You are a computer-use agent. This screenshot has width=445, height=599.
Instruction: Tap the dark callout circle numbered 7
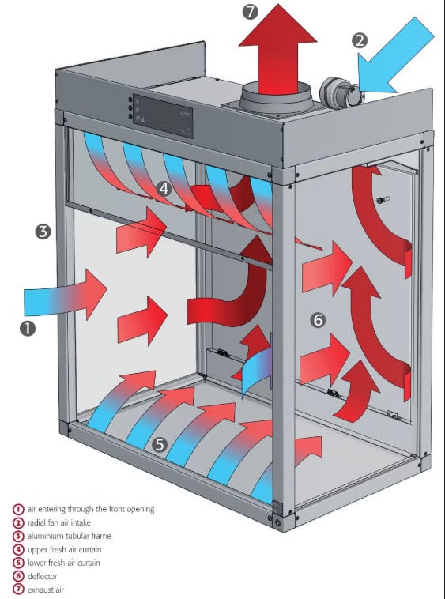pyautogui.click(x=250, y=12)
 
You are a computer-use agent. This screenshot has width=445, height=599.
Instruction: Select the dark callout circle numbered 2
pyautogui.click(x=360, y=40)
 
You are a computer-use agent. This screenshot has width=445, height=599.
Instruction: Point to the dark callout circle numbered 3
pyautogui.click(x=43, y=232)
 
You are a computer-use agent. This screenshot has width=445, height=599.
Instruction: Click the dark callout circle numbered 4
pyautogui.click(x=164, y=189)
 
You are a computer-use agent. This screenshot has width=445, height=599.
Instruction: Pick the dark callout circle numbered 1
pyautogui.click(x=28, y=329)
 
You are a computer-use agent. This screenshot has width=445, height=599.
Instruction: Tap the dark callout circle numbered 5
pyautogui.click(x=160, y=445)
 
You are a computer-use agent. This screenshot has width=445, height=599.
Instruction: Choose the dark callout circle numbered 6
pyautogui.click(x=319, y=319)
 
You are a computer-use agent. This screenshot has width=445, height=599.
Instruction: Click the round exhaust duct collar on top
pyautogui.click(x=276, y=98)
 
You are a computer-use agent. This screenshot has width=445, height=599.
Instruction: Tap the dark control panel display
pyautogui.click(x=163, y=116)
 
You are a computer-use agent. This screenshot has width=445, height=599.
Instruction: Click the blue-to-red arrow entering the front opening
pyautogui.click(x=66, y=295)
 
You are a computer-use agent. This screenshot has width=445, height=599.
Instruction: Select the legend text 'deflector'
pyautogui.click(x=42, y=576)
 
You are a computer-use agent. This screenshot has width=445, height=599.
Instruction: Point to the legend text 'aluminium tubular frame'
pyautogui.click(x=69, y=536)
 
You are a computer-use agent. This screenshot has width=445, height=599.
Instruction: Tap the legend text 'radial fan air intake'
pyautogui.click(x=59, y=522)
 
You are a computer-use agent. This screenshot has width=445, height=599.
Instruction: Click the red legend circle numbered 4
pyautogui.click(x=18, y=550)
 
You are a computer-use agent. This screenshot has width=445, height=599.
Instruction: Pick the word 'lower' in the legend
pyautogui.click(x=36, y=563)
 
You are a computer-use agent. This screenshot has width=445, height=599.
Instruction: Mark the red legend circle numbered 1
pyautogui.click(x=18, y=509)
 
